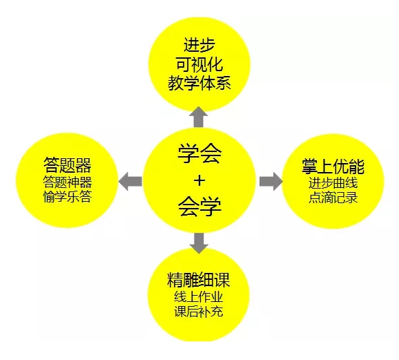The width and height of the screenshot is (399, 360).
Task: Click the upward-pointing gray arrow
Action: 199,117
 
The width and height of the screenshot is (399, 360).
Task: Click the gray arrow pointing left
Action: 130,181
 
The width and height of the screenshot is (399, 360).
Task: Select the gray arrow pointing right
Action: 271,181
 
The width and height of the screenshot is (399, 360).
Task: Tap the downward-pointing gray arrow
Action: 199,243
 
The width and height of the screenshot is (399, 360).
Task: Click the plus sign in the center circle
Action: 199,180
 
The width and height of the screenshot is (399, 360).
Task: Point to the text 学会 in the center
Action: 199,153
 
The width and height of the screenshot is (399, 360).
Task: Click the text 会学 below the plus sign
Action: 199,207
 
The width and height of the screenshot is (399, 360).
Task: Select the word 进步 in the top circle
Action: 199,45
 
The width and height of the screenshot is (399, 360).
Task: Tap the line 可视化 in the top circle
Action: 199,64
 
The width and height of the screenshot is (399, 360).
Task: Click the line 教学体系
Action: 199,83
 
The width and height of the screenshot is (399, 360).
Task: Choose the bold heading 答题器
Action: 67,165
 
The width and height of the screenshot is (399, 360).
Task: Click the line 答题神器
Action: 67,182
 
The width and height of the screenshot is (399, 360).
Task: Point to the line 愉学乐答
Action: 67,197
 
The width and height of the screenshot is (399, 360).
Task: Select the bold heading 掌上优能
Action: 333,167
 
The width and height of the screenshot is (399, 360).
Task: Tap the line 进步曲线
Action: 333,183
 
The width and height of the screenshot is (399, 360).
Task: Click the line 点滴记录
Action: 333,198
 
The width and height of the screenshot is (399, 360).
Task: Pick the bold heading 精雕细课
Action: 199,280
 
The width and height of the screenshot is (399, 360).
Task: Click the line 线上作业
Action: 199,297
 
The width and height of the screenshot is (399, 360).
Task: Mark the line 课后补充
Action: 199,312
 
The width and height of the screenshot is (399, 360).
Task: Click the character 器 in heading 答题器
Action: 84,165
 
